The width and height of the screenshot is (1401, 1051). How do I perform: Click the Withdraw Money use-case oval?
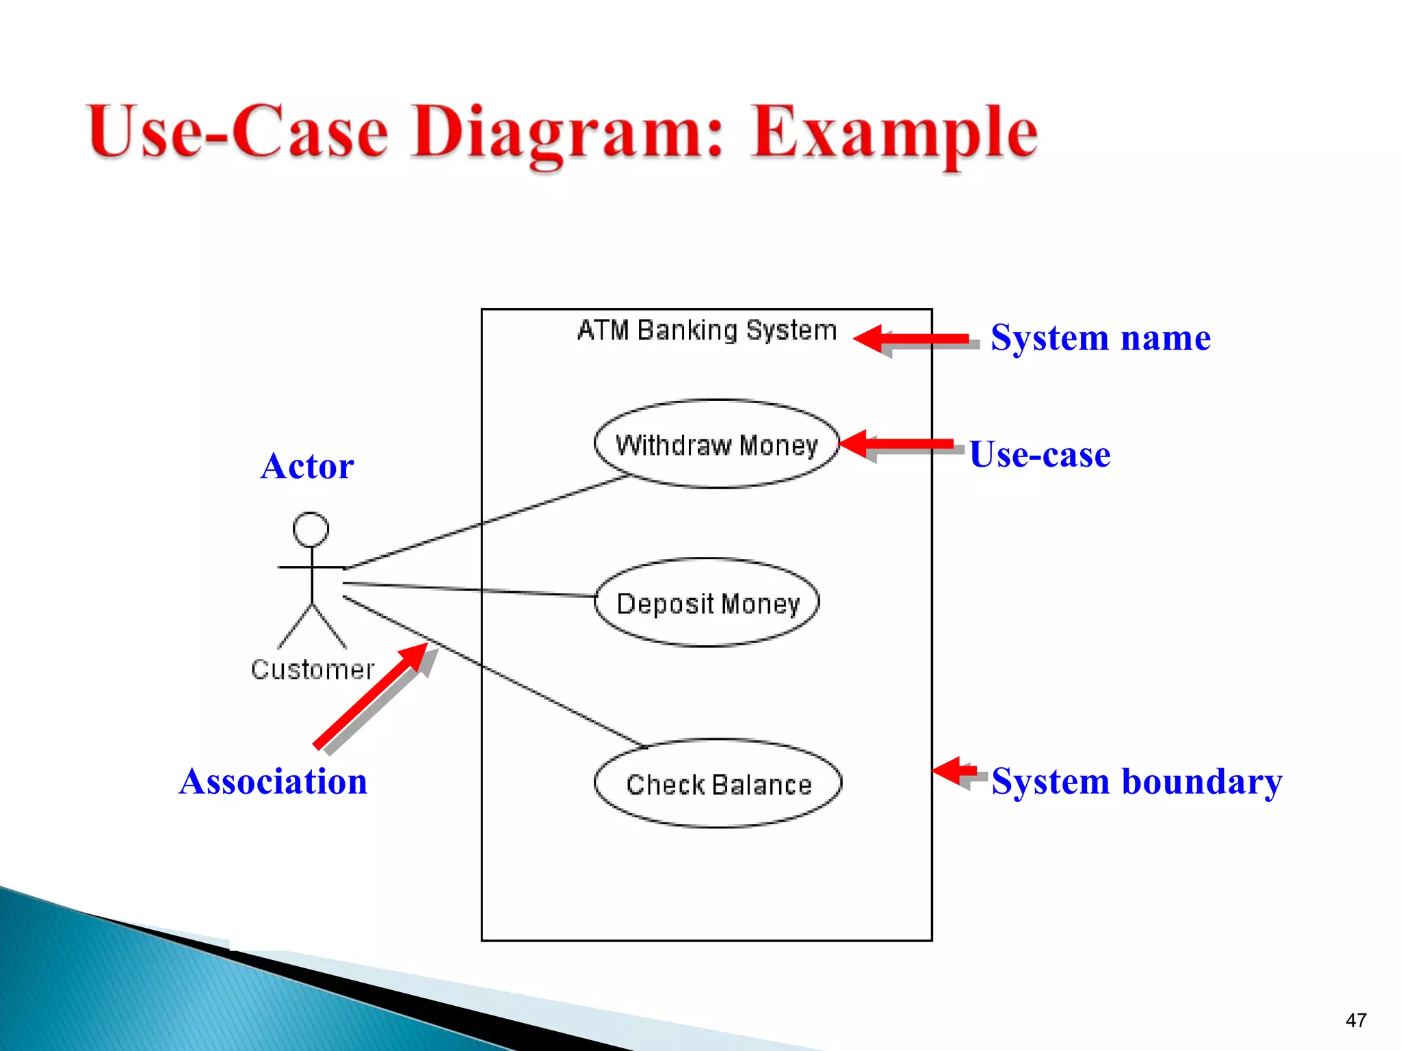716,445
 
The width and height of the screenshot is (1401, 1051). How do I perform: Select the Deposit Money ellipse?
707,604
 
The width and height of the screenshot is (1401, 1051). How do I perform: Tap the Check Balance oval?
718,784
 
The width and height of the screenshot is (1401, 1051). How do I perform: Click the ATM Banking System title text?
707,330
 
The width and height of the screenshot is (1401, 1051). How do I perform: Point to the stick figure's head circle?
311,530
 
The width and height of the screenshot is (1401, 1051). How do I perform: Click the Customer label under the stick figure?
313,669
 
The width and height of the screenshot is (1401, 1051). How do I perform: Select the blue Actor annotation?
307,467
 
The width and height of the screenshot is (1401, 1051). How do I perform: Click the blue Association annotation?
273,781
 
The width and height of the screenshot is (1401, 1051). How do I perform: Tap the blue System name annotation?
1100,338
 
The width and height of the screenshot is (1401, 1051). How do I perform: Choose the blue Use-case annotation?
1040,454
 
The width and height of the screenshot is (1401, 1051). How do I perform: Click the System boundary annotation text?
1136,781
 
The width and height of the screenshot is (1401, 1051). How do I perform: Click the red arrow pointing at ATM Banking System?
913,339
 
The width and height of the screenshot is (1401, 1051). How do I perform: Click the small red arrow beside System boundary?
955,771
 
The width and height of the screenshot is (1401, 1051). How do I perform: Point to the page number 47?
1356,1020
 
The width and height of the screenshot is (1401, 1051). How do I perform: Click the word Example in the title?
893,133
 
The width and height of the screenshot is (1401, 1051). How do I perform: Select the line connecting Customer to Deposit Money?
472,590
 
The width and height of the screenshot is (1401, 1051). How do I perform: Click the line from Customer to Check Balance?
493,671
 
